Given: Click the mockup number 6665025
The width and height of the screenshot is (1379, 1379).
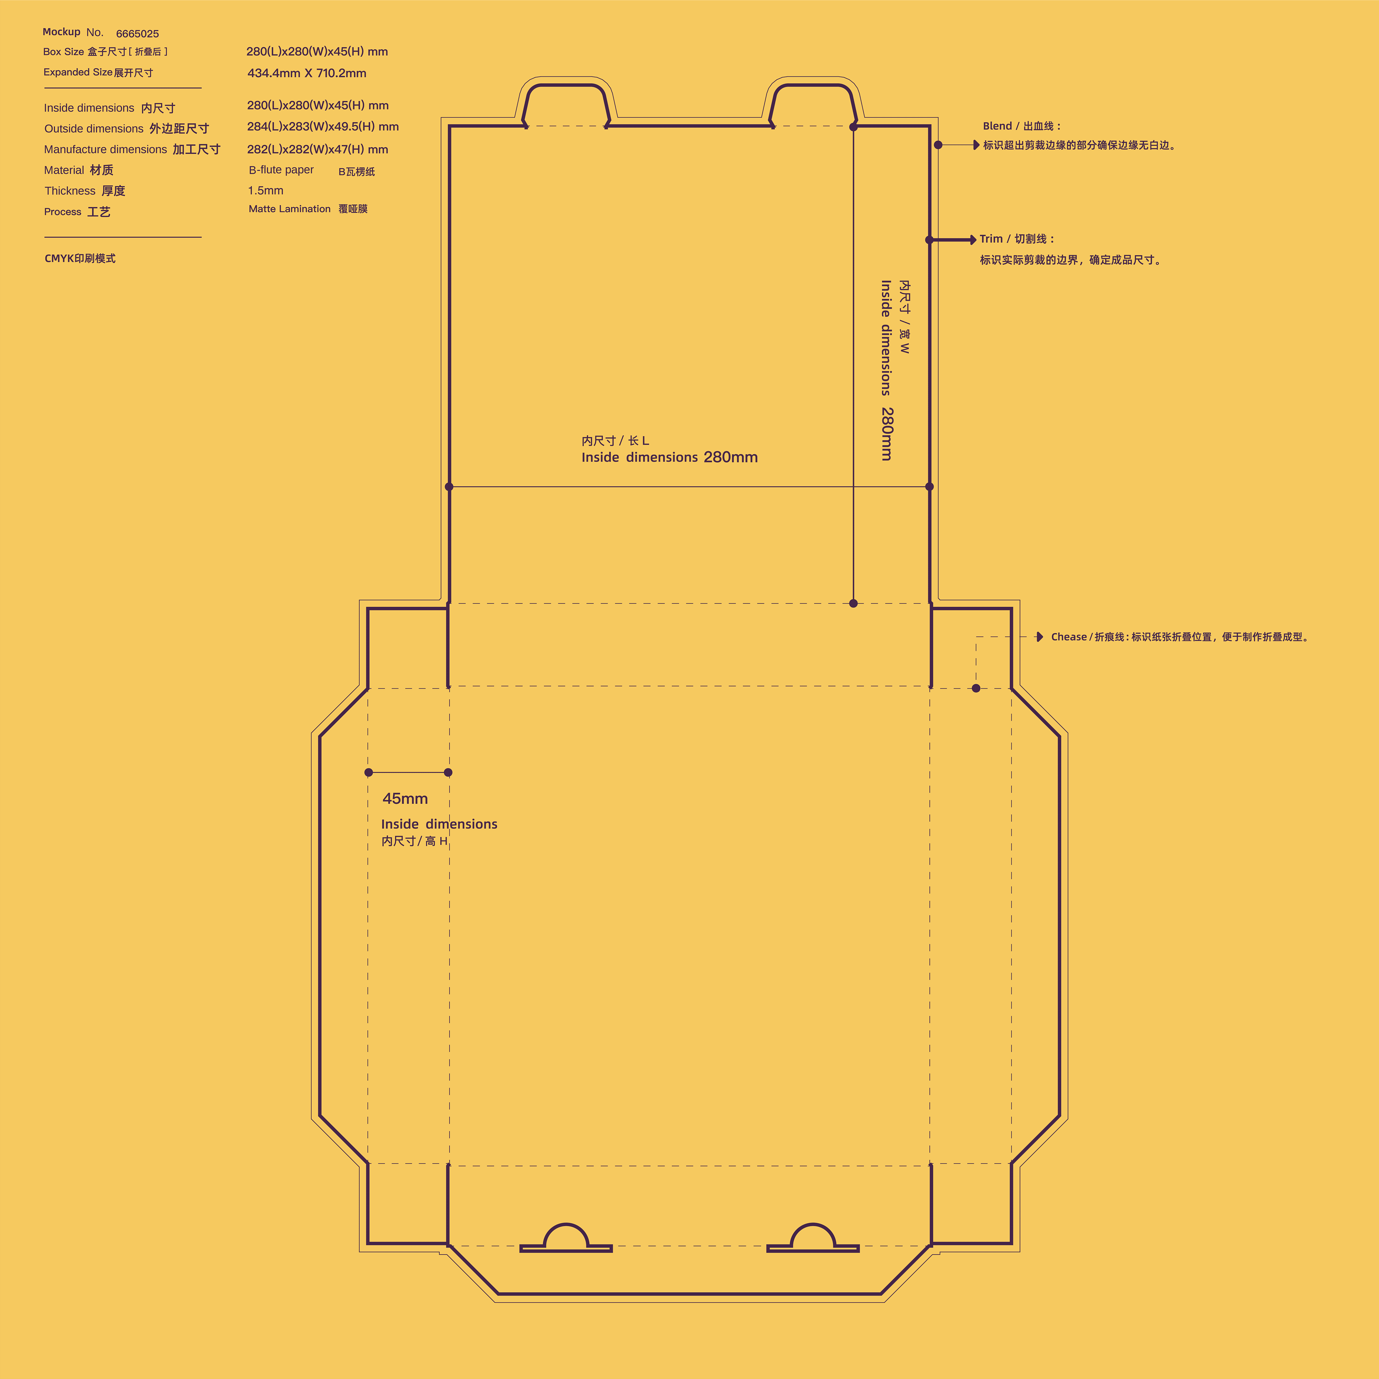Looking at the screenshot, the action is coord(137,33).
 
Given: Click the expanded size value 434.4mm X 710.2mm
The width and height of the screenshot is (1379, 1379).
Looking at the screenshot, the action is coord(307,73).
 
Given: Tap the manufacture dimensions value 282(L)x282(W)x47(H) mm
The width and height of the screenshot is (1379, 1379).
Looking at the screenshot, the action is coord(318,149).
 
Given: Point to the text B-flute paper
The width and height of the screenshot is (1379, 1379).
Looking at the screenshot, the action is coord(281,170).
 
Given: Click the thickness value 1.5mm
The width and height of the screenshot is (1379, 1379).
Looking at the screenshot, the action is coord(266,191).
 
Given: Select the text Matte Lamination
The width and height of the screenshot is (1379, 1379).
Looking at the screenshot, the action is coord(289,209).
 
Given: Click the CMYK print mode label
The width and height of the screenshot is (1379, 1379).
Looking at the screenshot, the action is coord(80,258).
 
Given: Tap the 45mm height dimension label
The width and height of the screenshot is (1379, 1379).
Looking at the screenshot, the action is coord(405,799).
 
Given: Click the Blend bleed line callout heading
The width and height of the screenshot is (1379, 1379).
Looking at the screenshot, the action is coord(1021,126).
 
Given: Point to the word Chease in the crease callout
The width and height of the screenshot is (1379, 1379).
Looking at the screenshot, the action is coord(1068,637).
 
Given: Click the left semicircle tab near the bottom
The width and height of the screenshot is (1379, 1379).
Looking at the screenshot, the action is coord(566,1238).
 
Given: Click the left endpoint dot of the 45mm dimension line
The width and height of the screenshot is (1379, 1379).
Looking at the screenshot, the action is coord(368,772).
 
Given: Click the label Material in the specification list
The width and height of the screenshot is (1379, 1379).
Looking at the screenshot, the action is coord(64,170).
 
